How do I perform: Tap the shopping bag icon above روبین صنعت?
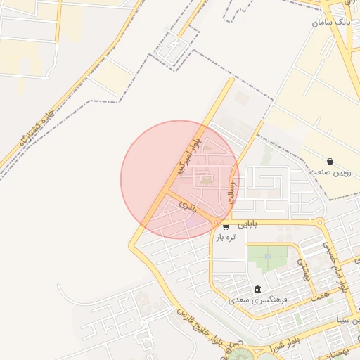tap(330, 161)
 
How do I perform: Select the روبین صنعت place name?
tap(329, 172)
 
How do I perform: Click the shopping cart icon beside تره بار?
tap(226, 226)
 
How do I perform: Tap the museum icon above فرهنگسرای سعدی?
tap(258, 290)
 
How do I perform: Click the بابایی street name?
tap(247, 225)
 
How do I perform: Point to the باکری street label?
tap(186, 205)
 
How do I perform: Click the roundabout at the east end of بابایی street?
tap(321, 224)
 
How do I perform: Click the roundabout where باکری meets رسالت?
tap(216, 222)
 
